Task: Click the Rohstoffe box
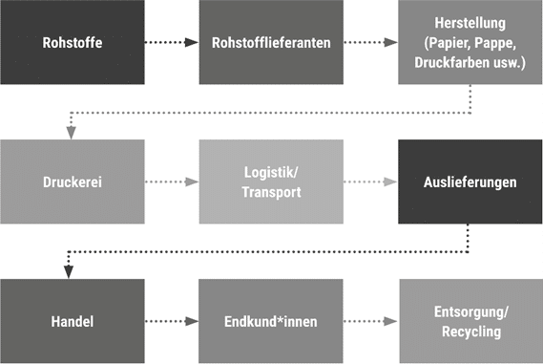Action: tap(73, 42)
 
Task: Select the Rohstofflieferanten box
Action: tap(271, 42)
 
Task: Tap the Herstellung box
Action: tap(470, 44)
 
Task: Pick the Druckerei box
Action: tap(73, 182)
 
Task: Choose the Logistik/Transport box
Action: tap(271, 182)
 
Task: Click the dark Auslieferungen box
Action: tap(470, 182)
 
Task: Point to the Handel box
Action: tap(73, 321)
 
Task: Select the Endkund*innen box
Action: tap(271, 321)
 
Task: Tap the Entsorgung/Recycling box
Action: tap(470, 321)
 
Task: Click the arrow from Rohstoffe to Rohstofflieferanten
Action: tap(172, 43)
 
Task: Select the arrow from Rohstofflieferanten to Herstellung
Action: tap(370, 43)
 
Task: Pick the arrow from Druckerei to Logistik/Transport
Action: tap(172, 182)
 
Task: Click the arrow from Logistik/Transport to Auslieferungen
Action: tap(370, 182)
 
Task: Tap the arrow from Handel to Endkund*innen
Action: tap(172, 322)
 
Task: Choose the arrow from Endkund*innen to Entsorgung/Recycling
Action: tap(370, 322)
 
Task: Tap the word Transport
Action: tap(271, 191)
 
